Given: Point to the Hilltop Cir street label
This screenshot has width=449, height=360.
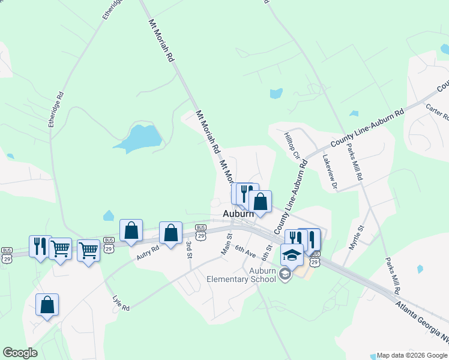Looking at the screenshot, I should click(x=292, y=145).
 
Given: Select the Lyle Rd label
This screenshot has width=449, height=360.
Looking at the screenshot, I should click(x=121, y=303).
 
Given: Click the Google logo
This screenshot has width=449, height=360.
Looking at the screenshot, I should click(x=20, y=353).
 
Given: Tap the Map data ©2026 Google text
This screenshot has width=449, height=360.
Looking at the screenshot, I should click(x=412, y=356).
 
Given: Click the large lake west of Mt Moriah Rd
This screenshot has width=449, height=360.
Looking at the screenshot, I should click(x=139, y=137).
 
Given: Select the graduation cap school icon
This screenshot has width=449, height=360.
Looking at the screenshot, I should click(x=292, y=254).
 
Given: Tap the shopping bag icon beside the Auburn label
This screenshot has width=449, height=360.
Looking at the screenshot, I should click(x=261, y=202).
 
